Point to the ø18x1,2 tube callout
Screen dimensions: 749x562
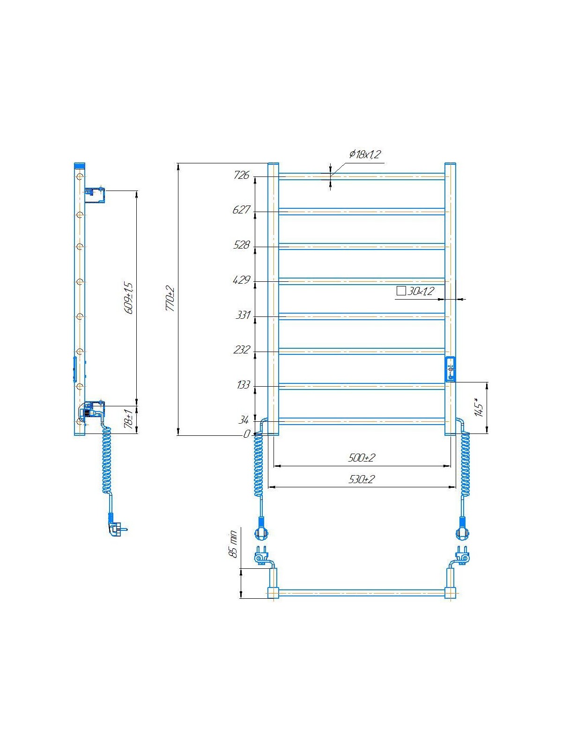(365, 154)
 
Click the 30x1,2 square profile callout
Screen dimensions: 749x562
(416, 291)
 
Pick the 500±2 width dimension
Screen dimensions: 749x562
(362, 458)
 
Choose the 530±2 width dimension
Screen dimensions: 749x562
(362, 479)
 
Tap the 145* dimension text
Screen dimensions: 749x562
(478, 407)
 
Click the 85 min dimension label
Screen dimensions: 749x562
(233, 544)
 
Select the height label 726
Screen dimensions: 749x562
(241, 176)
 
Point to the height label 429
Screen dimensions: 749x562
(241, 280)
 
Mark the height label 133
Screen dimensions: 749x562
(243, 385)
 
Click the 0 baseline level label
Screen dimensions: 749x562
(246, 434)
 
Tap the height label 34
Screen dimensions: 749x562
(244, 420)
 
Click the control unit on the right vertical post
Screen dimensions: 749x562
(450, 369)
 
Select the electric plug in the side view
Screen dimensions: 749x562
(116, 528)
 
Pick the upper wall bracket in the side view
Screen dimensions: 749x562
(95, 195)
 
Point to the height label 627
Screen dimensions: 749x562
(241, 210)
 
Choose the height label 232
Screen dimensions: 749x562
(241, 350)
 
